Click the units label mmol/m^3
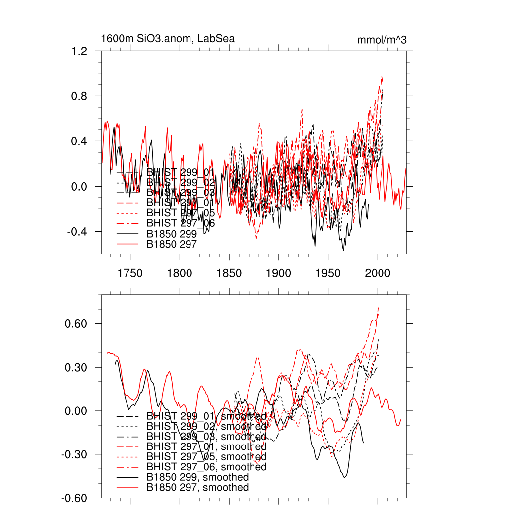coord(381,40)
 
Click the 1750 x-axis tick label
coord(130,273)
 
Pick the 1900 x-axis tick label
coord(278,273)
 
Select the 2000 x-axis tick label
coord(378,273)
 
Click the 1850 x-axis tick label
coord(229,273)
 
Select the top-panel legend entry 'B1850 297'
coord(172,244)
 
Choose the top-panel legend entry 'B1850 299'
coord(172,233)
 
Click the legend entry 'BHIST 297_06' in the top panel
coord(181,223)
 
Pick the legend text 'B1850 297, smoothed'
coord(197,488)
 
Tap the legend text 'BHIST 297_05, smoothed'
coord(206,456)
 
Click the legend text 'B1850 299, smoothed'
coord(197,477)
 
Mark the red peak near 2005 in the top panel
coord(382,77)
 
